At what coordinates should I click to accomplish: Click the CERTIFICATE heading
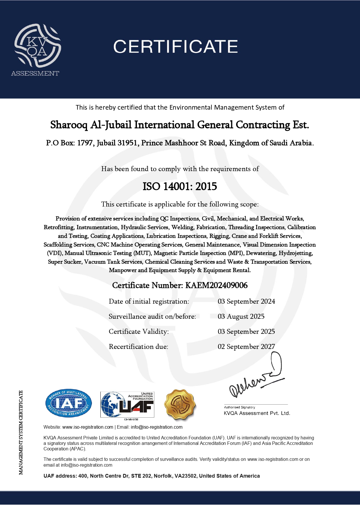pos(176,47)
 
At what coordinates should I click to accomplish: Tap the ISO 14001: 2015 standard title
pos(180,186)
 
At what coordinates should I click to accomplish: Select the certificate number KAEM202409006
pos(216,285)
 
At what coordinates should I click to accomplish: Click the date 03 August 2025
pos(241,316)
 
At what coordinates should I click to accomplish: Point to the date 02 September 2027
pos(246,347)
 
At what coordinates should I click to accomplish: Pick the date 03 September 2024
pos(246,301)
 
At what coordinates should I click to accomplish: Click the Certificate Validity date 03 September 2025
pos(246,332)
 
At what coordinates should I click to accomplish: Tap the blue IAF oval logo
pos(69,403)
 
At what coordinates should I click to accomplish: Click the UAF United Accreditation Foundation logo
pos(127,405)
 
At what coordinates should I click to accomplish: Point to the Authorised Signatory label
pos(239,407)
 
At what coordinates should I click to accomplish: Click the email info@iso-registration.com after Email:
pos(157,427)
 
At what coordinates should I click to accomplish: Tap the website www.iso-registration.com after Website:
pos(88,427)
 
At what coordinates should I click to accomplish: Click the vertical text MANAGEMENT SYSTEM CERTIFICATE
pos(21,432)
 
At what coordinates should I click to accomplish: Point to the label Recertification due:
pos(138,347)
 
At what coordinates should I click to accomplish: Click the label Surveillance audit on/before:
pos(152,316)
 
